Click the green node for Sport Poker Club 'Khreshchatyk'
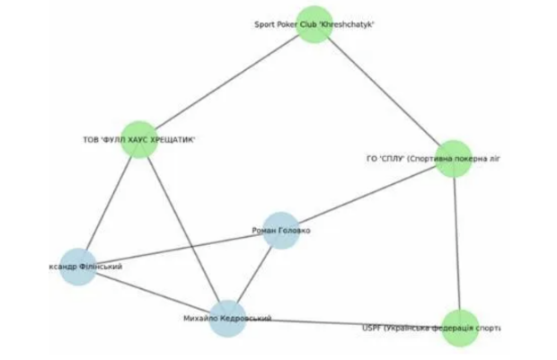coord(314,24)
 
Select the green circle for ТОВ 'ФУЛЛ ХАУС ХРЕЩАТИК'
coord(138,139)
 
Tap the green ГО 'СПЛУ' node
coord(453,158)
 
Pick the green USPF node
coord(461,328)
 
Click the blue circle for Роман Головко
coord(280,230)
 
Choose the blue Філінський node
coord(78,267)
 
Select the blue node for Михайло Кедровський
coord(227,319)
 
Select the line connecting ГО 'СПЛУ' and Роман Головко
coord(368,193)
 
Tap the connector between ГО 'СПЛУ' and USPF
coord(456,242)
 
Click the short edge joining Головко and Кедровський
coord(254,274)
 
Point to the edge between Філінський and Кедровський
coord(153,293)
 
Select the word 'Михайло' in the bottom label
coord(199,319)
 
